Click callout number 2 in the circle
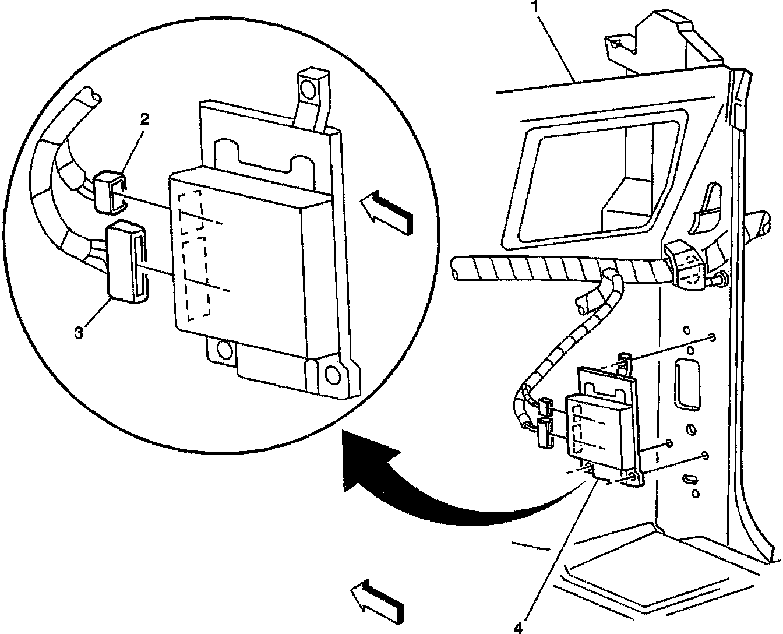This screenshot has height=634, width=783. click(144, 119)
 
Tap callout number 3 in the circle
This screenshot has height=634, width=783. click(79, 332)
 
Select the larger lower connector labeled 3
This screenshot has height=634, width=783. click(125, 261)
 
